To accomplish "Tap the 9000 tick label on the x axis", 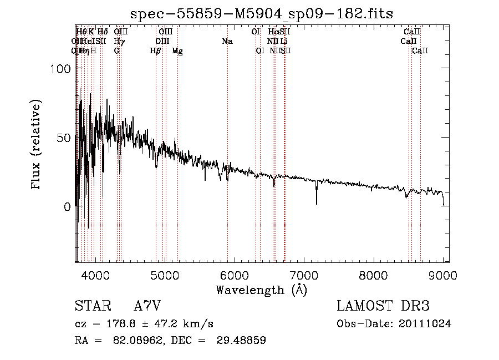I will [x=443, y=275].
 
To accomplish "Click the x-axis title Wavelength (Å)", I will [x=261, y=290].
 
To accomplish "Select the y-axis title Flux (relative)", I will [x=37, y=146].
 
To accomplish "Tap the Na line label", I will [x=227, y=41].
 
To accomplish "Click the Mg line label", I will [x=177, y=50].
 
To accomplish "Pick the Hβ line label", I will [x=156, y=50].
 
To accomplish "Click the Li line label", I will [x=283, y=41].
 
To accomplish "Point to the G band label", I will [x=116, y=50].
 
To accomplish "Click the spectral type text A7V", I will [x=147, y=306].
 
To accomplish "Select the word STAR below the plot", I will [x=92, y=306].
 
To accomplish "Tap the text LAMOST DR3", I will [x=383, y=306].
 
